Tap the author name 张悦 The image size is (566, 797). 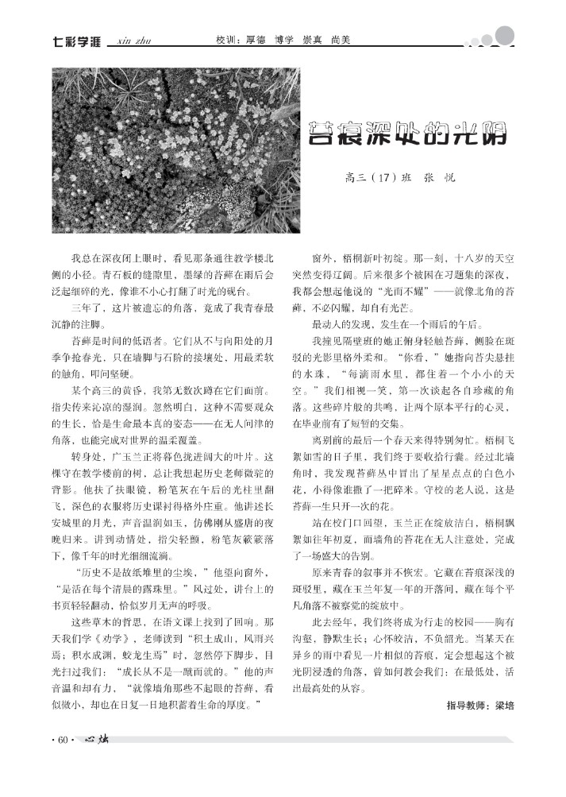pyautogui.click(x=440, y=178)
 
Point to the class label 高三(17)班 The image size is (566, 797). pyautogui.click(x=379, y=178)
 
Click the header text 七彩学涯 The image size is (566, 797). pyautogui.click(x=76, y=41)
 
